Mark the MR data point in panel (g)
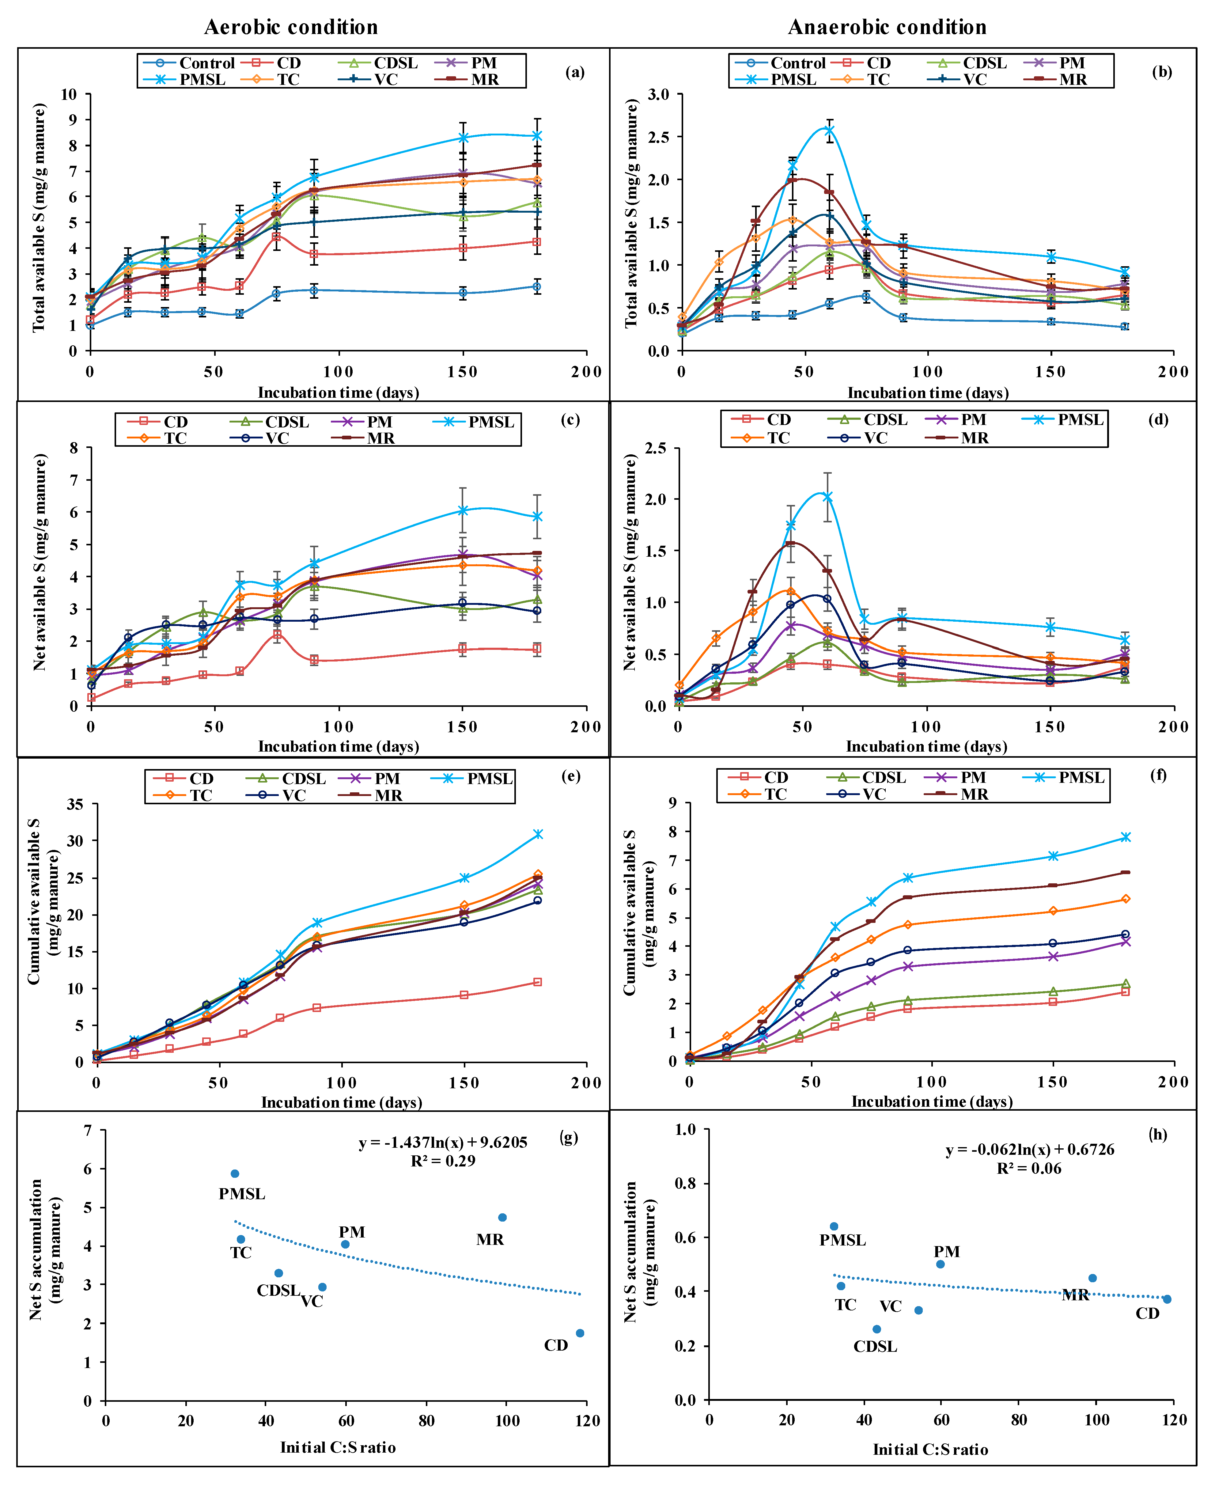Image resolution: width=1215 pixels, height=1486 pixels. pos(502,1217)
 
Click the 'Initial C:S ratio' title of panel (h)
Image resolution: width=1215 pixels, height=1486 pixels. pos(930,1450)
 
